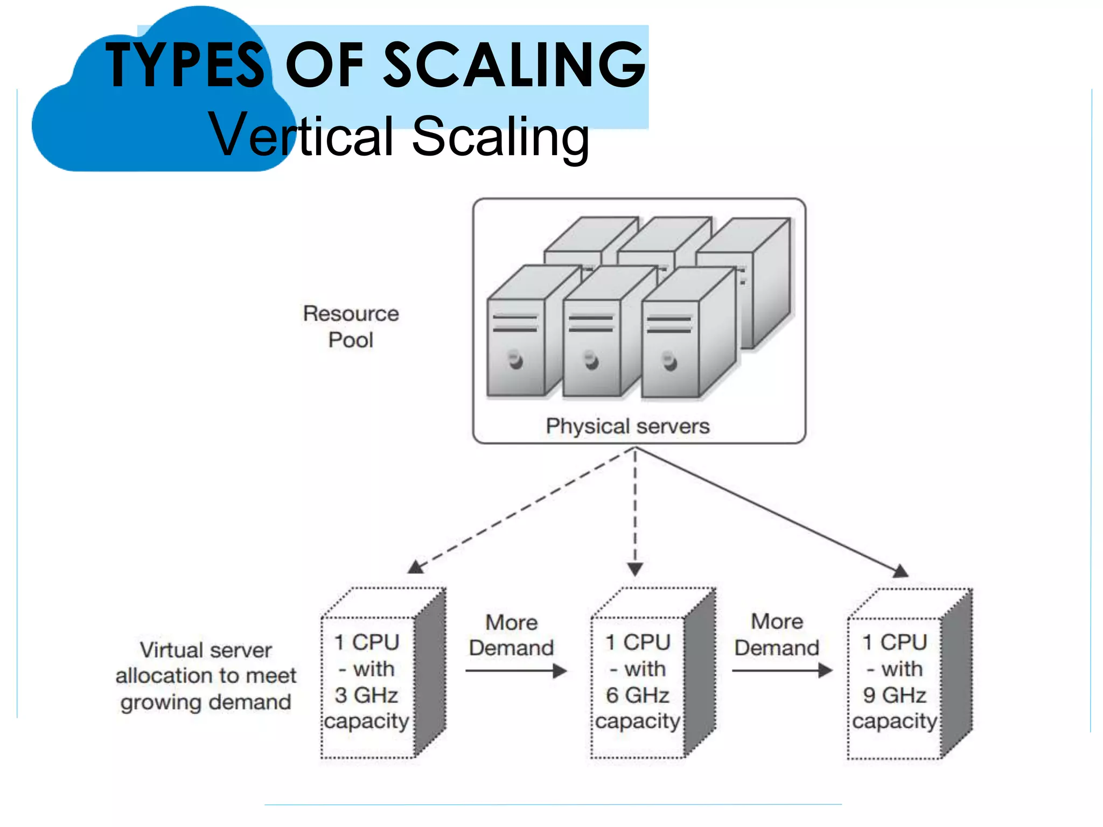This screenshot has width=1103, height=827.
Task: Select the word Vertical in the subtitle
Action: pos(302,136)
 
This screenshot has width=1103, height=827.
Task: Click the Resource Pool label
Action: pos(351,326)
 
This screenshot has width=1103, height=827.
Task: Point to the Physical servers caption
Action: pos(627,426)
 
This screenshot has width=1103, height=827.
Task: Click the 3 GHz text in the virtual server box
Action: pos(366,695)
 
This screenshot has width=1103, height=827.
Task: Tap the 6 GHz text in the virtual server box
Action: pos(637,695)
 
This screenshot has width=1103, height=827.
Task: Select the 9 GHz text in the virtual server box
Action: pos(894,695)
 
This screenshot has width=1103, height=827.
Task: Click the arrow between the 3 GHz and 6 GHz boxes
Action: pos(516,671)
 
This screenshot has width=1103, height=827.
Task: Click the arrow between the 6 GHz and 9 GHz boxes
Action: pos(782,671)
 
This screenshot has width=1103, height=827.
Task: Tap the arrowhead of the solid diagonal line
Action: pos(900,571)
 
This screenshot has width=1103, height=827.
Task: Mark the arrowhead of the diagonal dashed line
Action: pos(415,567)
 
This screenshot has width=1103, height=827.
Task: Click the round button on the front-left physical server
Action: pos(515,359)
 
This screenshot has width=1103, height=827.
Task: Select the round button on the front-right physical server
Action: pos(669,360)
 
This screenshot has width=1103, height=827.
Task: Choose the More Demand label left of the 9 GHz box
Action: pos(777,634)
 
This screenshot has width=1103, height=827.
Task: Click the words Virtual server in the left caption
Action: pos(206,650)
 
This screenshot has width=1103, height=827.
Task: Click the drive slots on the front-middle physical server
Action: pos(591,324)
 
